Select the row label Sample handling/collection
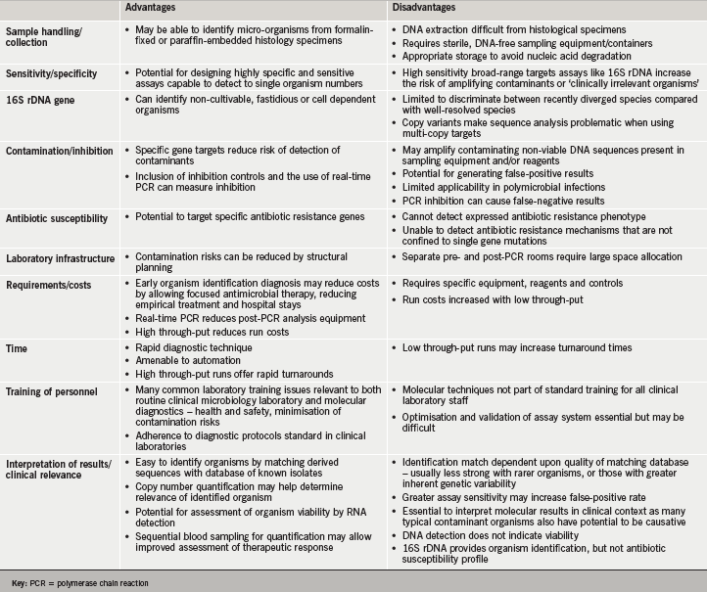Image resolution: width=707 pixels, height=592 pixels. pos(48,36)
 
